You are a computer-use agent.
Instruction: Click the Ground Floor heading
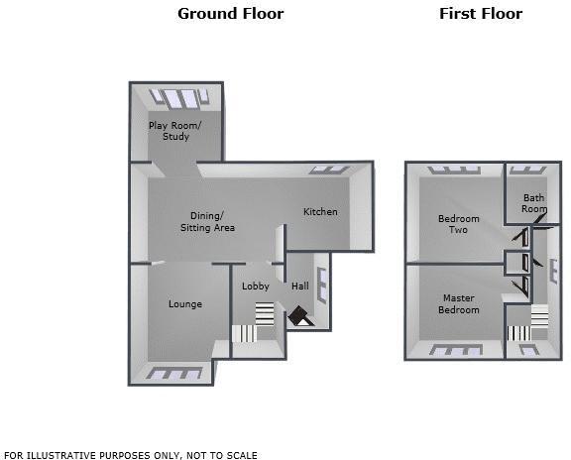pos(230,14)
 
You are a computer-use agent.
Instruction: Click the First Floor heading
pos(481,14)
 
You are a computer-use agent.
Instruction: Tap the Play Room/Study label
pos(174,131)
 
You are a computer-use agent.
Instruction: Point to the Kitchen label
pos(320,211)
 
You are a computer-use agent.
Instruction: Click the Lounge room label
pos(184,304)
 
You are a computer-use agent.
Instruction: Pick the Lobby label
pos(256,287)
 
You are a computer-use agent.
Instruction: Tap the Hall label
pos(299,287)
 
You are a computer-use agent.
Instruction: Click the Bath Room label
pos(534,203)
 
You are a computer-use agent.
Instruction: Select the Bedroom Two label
pos(459,224)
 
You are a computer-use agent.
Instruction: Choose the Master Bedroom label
pos(459,304)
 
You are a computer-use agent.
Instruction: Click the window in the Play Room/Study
pos(178,97)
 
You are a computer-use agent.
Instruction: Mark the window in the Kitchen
pos(328,170)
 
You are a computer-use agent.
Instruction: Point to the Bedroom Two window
pos(451,170)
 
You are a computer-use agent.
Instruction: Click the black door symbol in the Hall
pos(299,317)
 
